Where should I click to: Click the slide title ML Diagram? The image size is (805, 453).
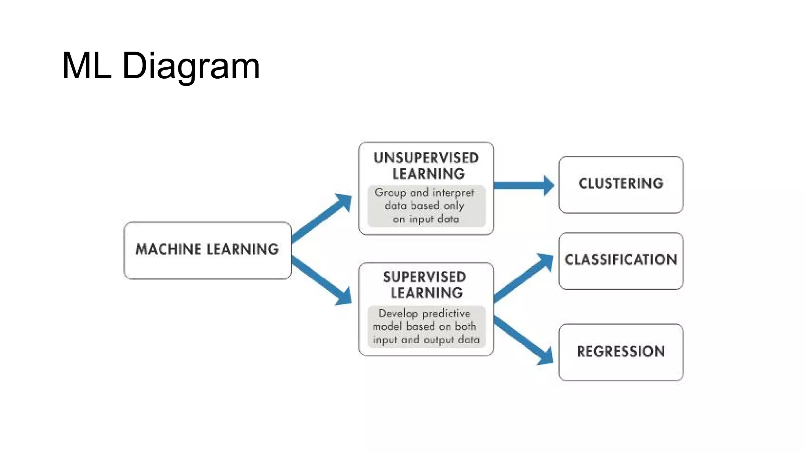pyautogui.click(x=161, y=66)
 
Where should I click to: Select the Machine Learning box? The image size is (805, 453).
pyautogui.click(x=207, y=250)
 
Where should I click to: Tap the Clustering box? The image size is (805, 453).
pyautogui.click(x=621, y=184)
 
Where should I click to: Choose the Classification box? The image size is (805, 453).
pyautogui.click(x=621, y=260)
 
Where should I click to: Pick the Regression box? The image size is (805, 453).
pyautogui.click(x=621, y=352)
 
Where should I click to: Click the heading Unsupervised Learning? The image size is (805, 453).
pyautogui.click(x=426, y=166)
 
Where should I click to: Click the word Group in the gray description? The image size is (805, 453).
pyautogui.click(x=390, y=193)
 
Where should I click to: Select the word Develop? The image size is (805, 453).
pyautogui.click(x=398, y=313)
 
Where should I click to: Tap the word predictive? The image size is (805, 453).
pyautogui.click(x=446, y=313)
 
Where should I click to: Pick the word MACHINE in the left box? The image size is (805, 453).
pyautogui.click(x=168, y=249)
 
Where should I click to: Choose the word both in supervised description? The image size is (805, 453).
pyautogui.click(x=465, y=326)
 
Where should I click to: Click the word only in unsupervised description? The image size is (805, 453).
pyautogui.click(x=454, y=206)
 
